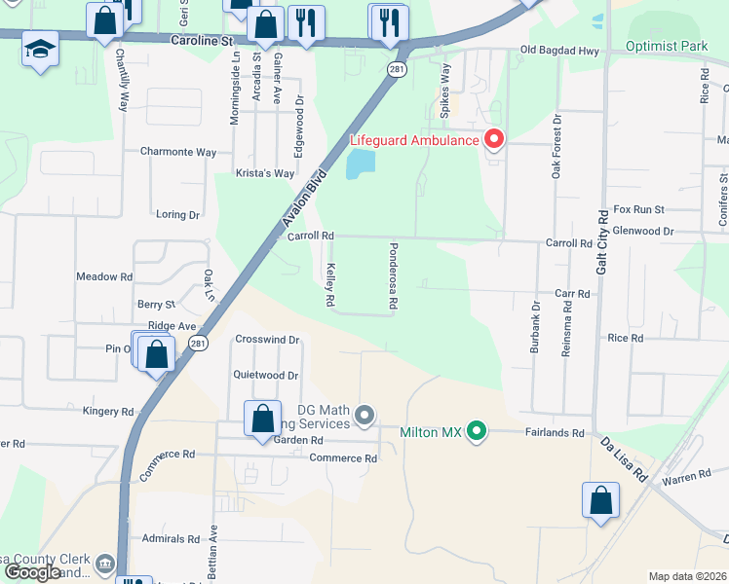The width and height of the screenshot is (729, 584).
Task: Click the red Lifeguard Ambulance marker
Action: [494, 140]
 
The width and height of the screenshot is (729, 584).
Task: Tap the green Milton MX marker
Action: [476, 430]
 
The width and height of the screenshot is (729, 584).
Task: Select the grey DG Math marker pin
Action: [364, 417]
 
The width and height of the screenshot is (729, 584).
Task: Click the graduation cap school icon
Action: [40, 50]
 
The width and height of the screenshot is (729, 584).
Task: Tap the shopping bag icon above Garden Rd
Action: [262, 420]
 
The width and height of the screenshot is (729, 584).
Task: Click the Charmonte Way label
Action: [177, 152]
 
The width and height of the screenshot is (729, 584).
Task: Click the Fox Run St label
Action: [638, 209]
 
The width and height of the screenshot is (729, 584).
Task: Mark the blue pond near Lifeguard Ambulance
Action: [360, 164]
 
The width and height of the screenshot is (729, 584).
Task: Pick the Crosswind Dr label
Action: [267, 340]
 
